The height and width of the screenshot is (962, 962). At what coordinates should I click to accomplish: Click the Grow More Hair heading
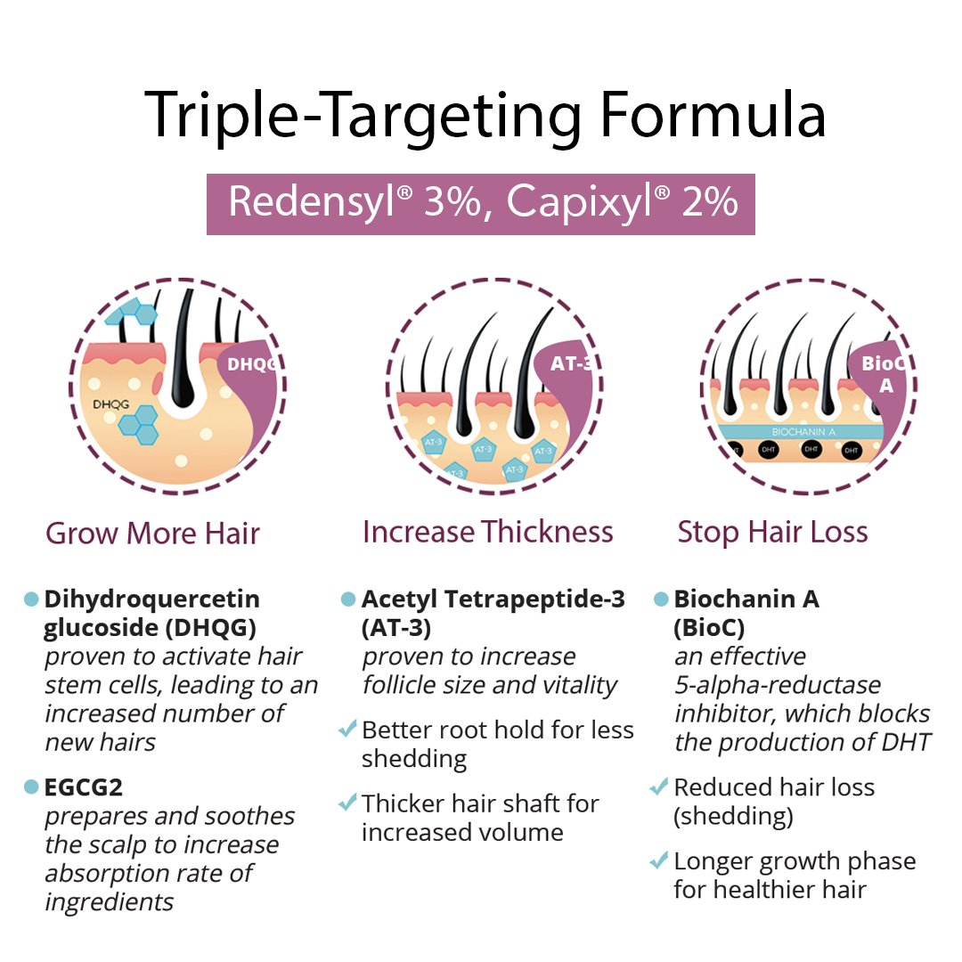coord(152,533)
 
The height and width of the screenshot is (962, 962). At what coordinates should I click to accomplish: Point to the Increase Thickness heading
coord(487,532)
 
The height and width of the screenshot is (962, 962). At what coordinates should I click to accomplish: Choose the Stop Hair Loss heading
coord(772,532)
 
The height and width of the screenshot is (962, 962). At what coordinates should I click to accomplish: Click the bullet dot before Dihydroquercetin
coord(32,599)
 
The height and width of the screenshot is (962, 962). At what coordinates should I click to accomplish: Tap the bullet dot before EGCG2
coord(32,787)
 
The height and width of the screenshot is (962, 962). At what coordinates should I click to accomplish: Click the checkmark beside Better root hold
coord(347,730)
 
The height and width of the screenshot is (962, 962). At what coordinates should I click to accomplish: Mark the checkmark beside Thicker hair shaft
coord(347,803)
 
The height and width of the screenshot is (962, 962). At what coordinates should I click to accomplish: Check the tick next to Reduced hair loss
coord(659,787)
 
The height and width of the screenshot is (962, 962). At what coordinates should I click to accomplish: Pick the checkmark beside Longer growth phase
coord(659,861)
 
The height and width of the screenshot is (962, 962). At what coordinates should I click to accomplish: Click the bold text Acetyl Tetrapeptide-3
coord(493,599)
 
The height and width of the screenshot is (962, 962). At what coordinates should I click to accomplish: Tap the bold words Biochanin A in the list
coord(746,599)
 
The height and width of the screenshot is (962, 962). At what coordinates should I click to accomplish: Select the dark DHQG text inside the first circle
coord(111,405)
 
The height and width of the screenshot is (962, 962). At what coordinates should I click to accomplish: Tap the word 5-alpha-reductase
coord(778,685)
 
